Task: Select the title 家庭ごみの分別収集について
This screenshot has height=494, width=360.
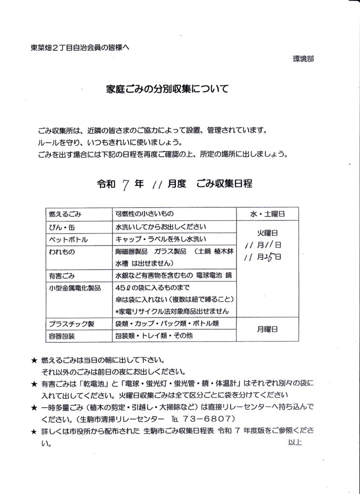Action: point(166,89)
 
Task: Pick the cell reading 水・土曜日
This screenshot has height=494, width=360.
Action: point(267,213)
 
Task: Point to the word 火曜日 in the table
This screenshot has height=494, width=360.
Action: point(267,232)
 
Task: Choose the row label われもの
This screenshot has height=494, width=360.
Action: point(62,252)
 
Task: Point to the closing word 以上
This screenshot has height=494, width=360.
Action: point(295,442)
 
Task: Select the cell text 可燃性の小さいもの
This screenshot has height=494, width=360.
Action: point(145,213)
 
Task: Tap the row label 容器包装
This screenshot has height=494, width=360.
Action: point(62,335)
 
